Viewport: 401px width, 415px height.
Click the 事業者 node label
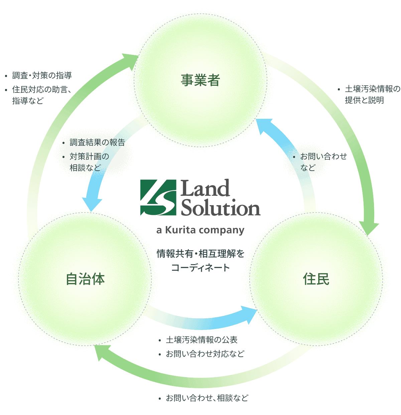[x=200, y=80]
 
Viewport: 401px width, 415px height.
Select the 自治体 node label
[x=86, y=279]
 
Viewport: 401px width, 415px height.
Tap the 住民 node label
[x=316, y=279]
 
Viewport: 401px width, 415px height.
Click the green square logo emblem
[x=158, y=197]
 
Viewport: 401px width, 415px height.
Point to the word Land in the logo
[x=205, y=188]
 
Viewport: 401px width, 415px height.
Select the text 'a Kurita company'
[x=200, y=230]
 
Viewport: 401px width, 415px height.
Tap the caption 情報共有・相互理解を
[x=200, y=254]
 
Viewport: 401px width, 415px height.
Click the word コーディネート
[x=200, y=267]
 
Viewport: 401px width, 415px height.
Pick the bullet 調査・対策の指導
[x=42, y=76]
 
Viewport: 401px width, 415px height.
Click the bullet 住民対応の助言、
[x=42, y=89]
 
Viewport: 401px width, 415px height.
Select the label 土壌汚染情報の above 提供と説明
[x=372, y=89]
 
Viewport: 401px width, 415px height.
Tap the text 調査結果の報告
[x=97, y=142]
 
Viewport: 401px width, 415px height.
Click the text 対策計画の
[x=89, y=156]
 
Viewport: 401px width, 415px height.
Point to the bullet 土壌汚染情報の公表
[x=202, y=340]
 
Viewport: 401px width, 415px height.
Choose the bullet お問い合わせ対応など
[x=205, y=354]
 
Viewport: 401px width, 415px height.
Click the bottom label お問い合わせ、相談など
[x=207, y=398]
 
